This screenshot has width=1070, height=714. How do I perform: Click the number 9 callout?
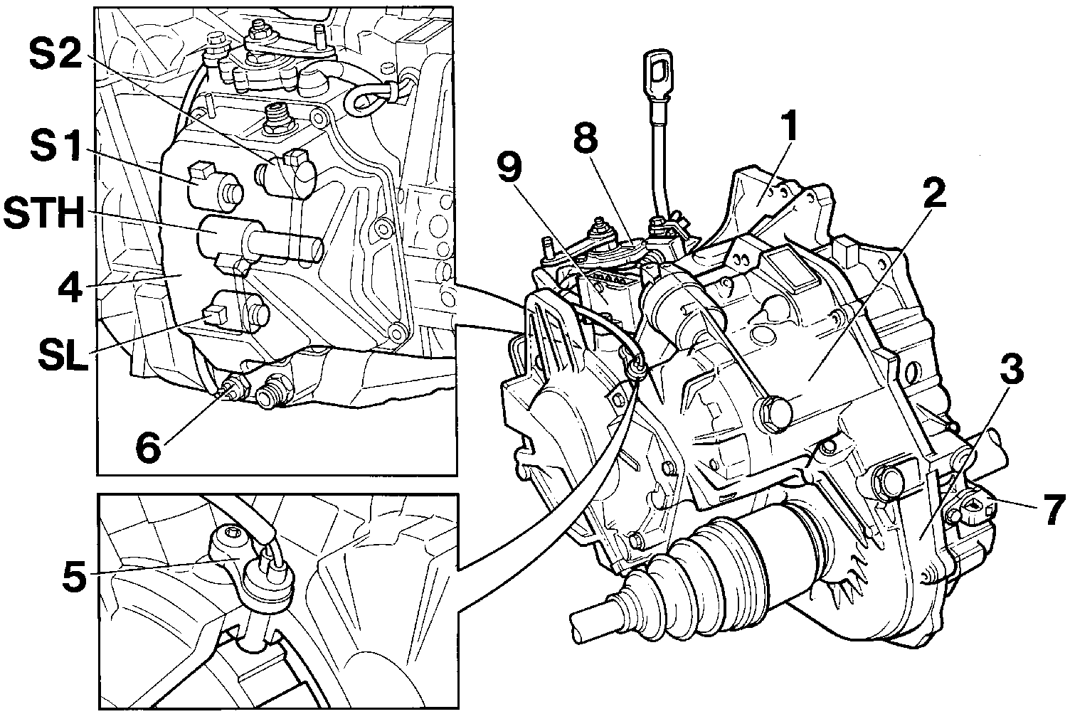(509, 168)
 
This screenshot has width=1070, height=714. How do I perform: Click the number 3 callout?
(1011, 368)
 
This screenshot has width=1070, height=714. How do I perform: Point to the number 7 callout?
(1052, 510)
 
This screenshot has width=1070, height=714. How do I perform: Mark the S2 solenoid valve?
(287, 173)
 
